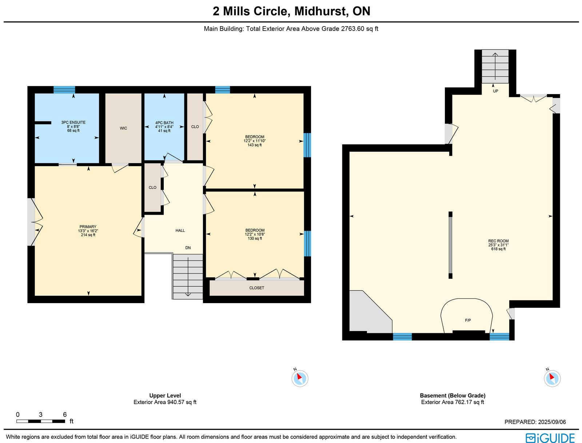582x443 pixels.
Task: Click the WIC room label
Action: tap(123, 128)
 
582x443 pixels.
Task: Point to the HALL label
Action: tap(180, 230)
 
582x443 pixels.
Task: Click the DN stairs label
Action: tap(188, 248)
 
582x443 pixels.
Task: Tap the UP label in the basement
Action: tap(495, 91)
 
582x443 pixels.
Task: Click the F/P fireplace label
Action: tap(468, 321)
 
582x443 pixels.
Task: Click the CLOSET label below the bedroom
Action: tap(257, 288)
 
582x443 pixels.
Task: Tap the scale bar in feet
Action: tap(41, 421)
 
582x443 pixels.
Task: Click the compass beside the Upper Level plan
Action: tap(300, 378)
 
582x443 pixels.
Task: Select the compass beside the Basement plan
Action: tap(552, 378)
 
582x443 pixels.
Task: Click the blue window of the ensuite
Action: tap(64, 90)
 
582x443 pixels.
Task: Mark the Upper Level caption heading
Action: tap(165, 395)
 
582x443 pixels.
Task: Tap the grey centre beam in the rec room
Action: tap(450, 245)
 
